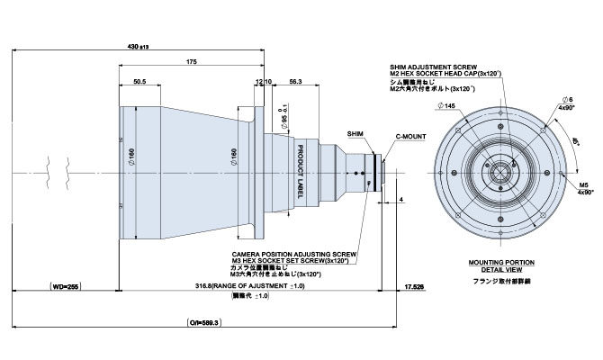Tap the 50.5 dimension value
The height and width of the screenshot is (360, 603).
[x=139, y=81]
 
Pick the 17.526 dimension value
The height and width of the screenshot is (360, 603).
[x=416, y=286]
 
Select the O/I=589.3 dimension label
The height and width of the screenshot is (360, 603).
[x=205, y=320]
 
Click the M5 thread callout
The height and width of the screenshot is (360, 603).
[x=583, y=183]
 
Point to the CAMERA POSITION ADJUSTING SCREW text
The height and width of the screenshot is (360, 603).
[x=294, y=254]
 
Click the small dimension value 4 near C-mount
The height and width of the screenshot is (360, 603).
[x=400, y=197]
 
